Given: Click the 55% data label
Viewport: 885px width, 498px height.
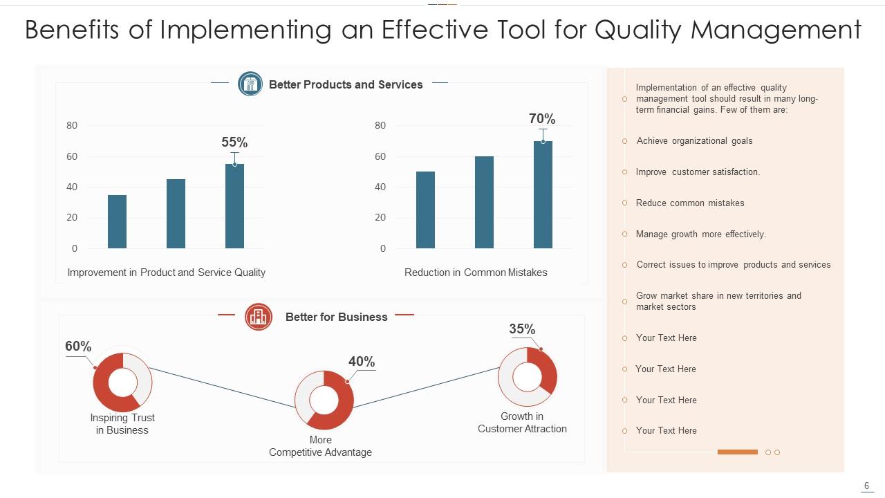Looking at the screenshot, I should tap(234, 142).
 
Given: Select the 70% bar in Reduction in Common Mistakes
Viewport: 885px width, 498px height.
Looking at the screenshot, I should tap(543, 194).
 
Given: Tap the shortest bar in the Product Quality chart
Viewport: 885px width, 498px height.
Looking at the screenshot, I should tap(117, 221).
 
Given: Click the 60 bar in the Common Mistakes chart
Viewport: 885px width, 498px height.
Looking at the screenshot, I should tap(484, 202).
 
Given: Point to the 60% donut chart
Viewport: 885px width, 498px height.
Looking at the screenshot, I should tap(122, 382).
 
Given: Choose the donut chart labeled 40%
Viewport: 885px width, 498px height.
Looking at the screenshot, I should tap(324, 400).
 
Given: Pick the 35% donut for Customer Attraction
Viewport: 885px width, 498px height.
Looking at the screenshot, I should tap(528, 377).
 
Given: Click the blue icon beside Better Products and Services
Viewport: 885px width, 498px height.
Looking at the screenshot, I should tap(250, 84).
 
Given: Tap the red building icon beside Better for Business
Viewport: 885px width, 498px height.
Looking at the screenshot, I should tap(259, 317).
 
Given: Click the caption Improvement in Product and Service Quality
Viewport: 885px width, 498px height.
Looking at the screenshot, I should tap(166, 273).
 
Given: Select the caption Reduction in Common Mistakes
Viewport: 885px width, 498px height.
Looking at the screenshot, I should tap(476, 273).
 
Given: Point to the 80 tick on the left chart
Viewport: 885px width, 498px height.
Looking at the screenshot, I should tap(72, 126).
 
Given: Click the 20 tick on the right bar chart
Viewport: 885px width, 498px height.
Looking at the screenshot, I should tap(380, 217).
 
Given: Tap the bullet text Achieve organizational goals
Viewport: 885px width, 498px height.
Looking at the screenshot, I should tap(694, 141).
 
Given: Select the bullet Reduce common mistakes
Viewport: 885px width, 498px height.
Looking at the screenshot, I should tap(690, 203).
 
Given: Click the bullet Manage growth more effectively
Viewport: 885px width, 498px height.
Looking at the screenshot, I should tap(700, 234).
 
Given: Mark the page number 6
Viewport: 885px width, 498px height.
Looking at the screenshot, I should tap(866, 486).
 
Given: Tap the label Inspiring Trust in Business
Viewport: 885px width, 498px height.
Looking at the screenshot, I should tap(122, 424).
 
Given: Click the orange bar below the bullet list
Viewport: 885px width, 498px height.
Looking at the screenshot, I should tap(737, 452).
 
